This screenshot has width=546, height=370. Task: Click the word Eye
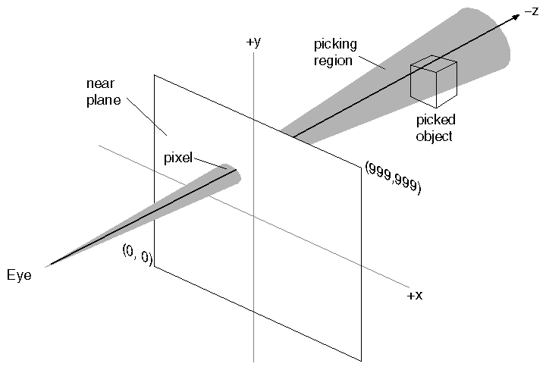[x=19, y=274]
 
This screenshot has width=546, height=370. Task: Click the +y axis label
[x=253, y=42]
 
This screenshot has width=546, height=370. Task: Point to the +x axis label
[x=414, y=295]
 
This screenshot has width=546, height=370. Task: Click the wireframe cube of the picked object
[x=434, y=79]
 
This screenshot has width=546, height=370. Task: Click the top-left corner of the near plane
[x=155, y=75]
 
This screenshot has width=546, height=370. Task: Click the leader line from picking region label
[x=372, y=61]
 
